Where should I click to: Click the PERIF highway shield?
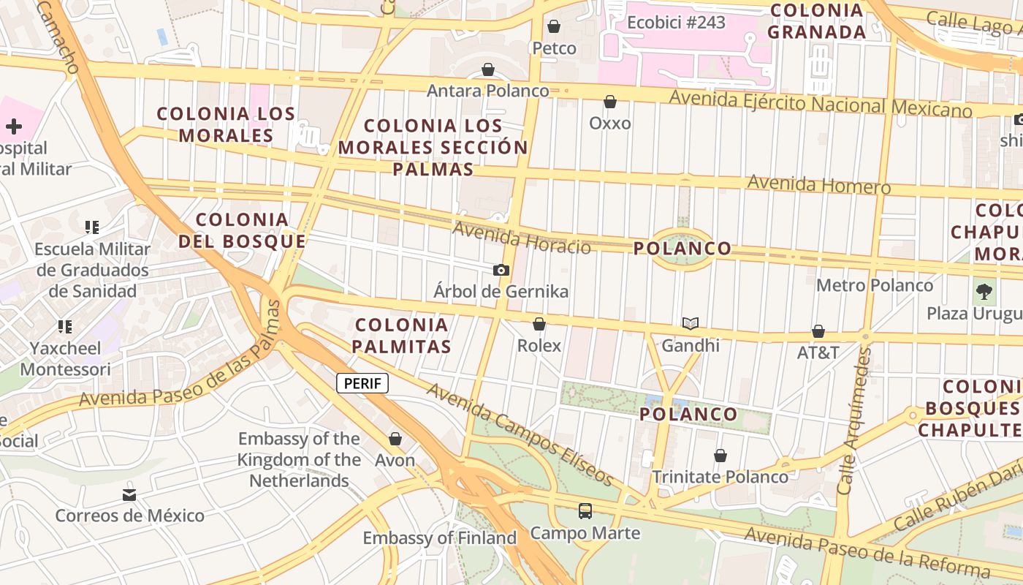point(362,383)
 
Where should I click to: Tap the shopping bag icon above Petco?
point(554,27)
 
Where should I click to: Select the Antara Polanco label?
point(487,91)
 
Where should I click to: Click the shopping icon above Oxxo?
point(609,102)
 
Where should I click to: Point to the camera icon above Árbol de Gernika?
point(501,270)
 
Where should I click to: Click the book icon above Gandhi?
point(691,323)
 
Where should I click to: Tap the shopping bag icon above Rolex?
point(539,324)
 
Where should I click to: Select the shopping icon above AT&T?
point(818,331)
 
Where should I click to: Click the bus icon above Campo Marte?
point(585,511)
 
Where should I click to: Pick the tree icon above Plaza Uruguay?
point(984,292)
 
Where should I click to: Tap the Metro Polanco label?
point(875,285)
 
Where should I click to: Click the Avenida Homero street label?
point(818,184)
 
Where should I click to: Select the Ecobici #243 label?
point(676,23)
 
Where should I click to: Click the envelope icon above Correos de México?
point(129,494)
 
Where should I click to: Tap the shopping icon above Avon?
point(395,439)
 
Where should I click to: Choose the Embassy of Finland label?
point(440,538)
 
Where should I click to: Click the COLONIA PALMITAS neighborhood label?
point(402,336)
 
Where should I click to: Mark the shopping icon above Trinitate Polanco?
point(720,456)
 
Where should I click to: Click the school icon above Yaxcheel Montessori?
point(65,326)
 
